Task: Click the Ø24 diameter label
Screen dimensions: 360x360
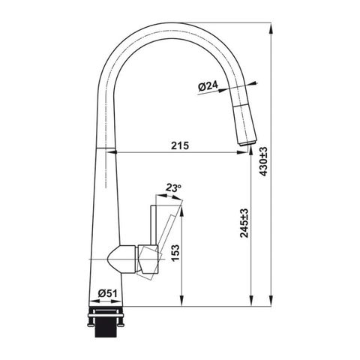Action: pyautogui.click(x=208, y=86)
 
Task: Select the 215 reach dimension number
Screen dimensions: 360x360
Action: pyautogui.click(x=180, y=145)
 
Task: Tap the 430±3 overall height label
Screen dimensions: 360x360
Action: pyautogui.click(x=263, y=161)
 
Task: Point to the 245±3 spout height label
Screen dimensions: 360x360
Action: pyautogui.click(x=244, y=223)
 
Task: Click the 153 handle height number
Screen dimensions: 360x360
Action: pyautogui.click(x=175, y=253)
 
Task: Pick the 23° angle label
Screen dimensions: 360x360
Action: pyautogui.click(x=173, y=188)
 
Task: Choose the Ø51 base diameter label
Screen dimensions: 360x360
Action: pyautogui.click(x=107, y=293)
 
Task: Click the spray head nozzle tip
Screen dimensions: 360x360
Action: pyautogui.click(x=247, y=143)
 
